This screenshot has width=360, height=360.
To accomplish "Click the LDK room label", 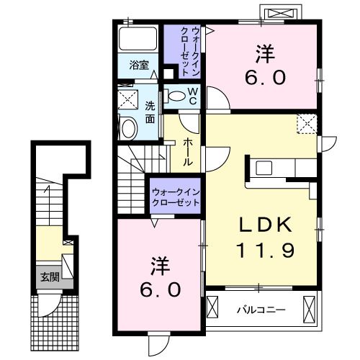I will (266, 225).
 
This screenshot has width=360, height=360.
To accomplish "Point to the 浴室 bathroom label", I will (140, 65).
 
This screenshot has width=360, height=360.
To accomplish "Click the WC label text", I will (192, 95).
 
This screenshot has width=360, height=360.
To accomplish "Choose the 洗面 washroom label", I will (150, 112).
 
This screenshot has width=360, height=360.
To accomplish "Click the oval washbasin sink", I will (128, 129).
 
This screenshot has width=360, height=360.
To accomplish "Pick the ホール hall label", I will (187, 153).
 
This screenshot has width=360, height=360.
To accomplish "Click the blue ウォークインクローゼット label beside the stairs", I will (175, 197).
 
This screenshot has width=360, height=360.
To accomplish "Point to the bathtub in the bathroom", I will (139, 39).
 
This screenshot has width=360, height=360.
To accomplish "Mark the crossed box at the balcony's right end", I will (310, 308).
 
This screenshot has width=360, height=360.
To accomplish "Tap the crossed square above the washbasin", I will (127, 99).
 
